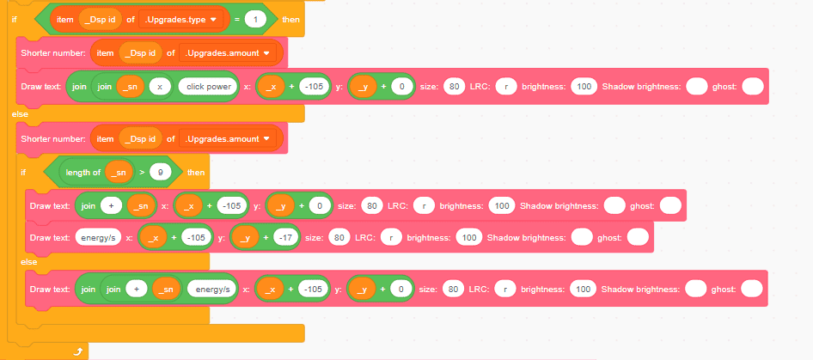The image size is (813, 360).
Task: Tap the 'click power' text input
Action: [x=206, y=87]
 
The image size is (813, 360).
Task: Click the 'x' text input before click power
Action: [x=159, y=87]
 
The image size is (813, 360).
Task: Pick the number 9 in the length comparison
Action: [x=160, y=172]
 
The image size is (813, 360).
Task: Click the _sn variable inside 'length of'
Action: [x=119, y=172]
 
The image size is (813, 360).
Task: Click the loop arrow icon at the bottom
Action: [x=78, y=351]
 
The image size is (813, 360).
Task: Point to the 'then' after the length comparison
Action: [x=196, y=172]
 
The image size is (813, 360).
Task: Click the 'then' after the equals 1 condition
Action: [x=291, y=18]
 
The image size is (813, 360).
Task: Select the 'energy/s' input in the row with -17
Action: [x=97, y=237]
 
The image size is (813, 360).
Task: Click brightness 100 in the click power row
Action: [x=584, y=87]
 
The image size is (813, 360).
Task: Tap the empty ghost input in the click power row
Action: [x=752, y=87]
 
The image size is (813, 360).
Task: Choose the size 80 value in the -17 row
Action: [x=338, y=237]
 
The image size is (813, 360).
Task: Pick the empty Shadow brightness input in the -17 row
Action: [x=582, y=237]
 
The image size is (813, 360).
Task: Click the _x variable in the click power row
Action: [x=272, y=87]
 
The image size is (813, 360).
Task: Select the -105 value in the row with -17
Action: [x=196, y=237]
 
